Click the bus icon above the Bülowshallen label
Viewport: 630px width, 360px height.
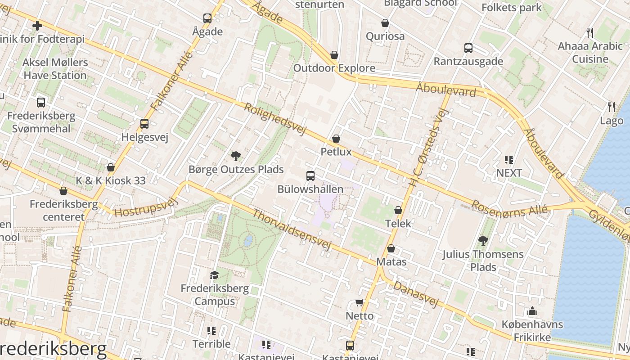tap(310, 176)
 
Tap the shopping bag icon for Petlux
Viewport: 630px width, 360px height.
tap(336, 139)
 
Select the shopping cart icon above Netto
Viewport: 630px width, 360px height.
tap(359, 303)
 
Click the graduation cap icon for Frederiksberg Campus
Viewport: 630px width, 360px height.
tap(214, 275)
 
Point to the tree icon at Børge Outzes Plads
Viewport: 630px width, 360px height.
tap(235, 156)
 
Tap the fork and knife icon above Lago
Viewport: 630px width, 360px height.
tap(611, 107)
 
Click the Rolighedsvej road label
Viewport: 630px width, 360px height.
tap(274, 119)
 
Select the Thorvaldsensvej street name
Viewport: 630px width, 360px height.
tap(292, 230)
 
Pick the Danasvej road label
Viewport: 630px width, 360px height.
tap(416, 294)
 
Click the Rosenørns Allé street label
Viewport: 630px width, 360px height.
tap(509, 210)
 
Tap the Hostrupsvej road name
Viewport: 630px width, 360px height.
tap(147, 207)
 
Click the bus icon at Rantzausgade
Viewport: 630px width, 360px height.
tap(468, 48)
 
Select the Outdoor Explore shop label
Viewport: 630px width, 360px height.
tap(334, 68)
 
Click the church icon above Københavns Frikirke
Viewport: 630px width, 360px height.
tap(532, 311)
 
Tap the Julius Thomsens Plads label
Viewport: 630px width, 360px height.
tap(483, 261)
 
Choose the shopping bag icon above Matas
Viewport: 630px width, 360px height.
tap(391, 248)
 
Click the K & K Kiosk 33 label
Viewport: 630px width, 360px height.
tap(111, 181)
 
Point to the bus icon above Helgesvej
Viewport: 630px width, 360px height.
tap(144, 124)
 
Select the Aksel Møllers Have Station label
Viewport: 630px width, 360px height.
tap(55, 69)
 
